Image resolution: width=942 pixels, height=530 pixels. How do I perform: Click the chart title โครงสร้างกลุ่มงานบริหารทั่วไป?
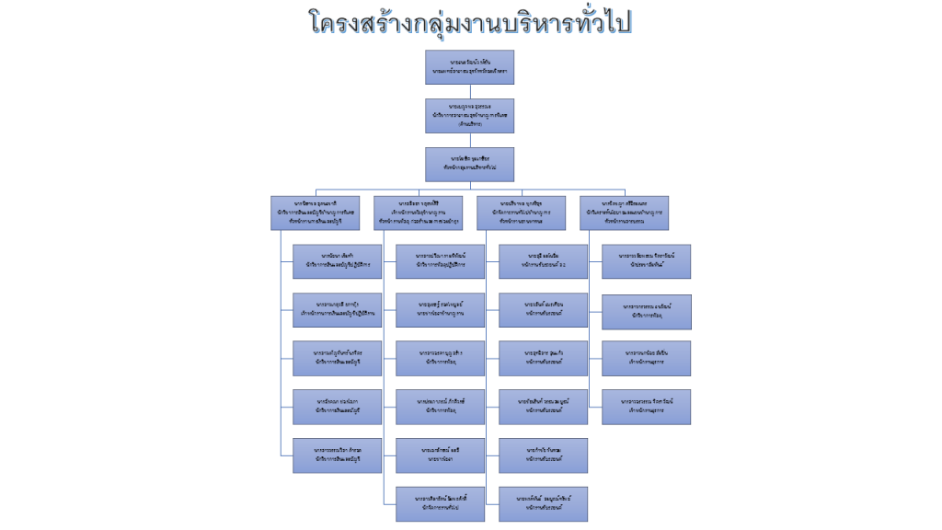point(470,23)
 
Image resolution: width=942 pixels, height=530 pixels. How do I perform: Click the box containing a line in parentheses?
point(470,116)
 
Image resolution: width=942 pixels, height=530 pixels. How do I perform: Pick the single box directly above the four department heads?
point(470,164)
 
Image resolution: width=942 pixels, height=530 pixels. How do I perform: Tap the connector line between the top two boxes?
point(470,91)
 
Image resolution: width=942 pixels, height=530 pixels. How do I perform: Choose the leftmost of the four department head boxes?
point(316,212)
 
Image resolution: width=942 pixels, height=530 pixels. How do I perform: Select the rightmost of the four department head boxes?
point(624,212)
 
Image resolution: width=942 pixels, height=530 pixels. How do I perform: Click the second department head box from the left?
point(418,212)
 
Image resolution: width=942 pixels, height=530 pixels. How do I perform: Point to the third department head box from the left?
point(521,212)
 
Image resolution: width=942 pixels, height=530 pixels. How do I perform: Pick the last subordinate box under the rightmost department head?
point(646,406)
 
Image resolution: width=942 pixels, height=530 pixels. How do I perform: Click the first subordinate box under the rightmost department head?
point(646,260)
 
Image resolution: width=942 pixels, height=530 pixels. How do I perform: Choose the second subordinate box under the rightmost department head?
point(646,310)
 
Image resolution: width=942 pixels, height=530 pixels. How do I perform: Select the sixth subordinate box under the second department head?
point(440,503)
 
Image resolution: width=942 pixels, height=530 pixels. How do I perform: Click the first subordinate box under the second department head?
point(440,260)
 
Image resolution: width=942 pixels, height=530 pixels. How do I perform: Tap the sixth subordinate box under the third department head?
point(543,503)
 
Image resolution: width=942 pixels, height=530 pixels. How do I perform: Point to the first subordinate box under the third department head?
point(543,260)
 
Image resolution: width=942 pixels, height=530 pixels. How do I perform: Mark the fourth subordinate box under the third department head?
point(543,406)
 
